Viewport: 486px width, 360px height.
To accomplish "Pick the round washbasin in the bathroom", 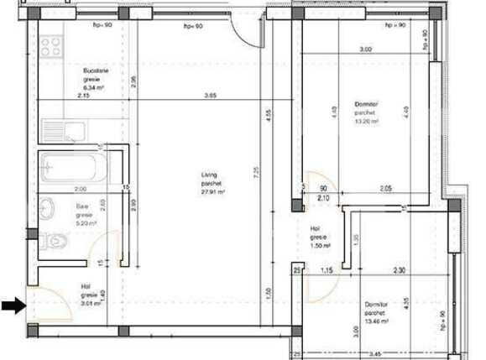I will (x=47, y=206).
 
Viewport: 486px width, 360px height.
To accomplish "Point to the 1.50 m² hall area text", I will (x=320, y=245).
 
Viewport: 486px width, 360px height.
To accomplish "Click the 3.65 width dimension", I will (x=211, y=97).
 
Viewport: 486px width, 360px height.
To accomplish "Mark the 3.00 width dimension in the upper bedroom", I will (x=366, y=50).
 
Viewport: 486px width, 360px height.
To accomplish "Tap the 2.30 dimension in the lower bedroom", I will (x=401, y=270).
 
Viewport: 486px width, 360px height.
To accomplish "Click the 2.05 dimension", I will (x=385, y=189).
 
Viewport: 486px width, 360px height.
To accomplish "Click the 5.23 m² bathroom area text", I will (x=86, y=223).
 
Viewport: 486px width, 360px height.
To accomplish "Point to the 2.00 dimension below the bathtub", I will (x=81, y=189).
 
